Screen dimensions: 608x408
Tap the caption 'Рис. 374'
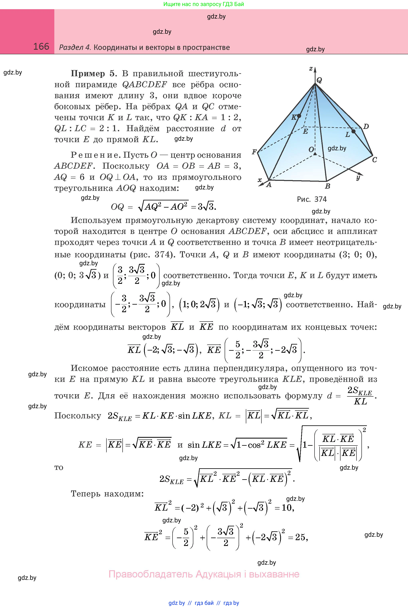click(312, 199)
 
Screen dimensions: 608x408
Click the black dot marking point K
click(299, 116)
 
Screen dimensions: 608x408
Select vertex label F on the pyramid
click(254, 152)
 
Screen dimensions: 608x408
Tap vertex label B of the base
click(328, 186)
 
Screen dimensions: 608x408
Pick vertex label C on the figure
click(374, 160)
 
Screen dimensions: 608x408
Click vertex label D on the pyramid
click(366, 127)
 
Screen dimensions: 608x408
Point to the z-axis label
click(311, 69)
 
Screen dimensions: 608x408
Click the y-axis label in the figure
click(358, 178)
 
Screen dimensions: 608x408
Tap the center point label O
click(311, 150)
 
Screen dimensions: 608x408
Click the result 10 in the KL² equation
click(287, 507)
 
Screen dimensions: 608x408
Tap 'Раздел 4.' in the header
click(75, 47)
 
